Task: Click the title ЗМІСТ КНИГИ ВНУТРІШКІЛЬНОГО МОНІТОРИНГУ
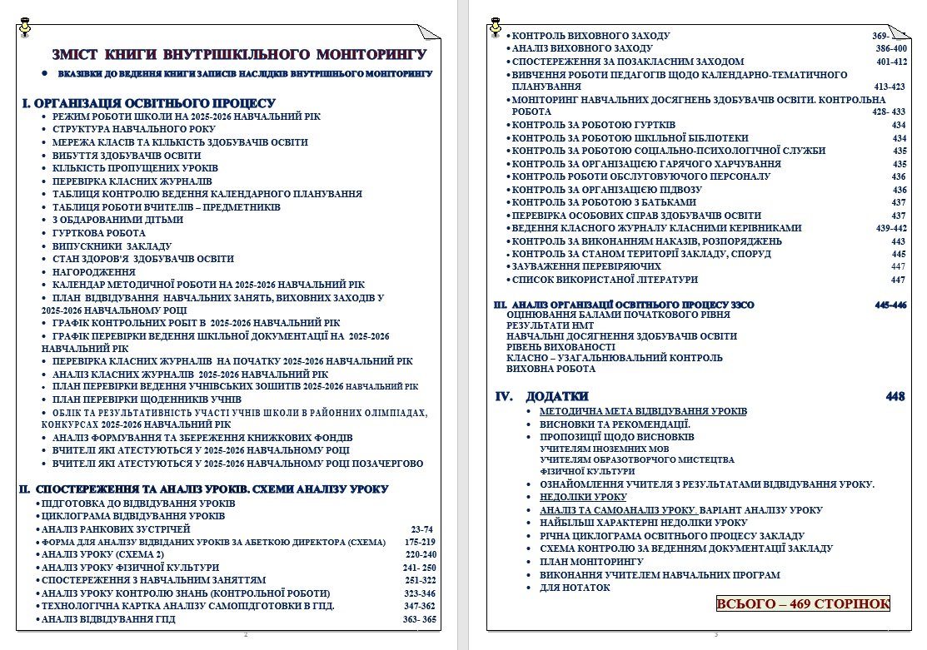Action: (x=239, y=55)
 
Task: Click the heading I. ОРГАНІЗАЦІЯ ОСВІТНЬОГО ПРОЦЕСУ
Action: (x=148, y=103)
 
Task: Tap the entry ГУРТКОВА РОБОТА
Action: (x=98, y=233)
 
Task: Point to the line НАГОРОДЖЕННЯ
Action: (x=93, y=271)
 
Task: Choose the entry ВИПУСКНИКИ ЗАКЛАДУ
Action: (x=112, y=246)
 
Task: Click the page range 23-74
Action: (x=422, y=529)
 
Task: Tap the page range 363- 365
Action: (x=419, y=619)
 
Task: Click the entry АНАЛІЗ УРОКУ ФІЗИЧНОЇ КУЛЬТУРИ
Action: (x=130, y=568)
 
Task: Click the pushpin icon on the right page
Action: (x=496, y=22)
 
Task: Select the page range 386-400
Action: (x=890, y=49)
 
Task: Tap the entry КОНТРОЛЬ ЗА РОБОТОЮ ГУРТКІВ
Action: (x=583, y=125)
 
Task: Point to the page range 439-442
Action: (x=890, y=228)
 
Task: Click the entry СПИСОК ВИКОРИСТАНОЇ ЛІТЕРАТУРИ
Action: (x=605, y=280)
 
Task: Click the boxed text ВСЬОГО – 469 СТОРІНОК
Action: (x=803, y=603)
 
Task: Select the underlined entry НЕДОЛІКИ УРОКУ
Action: (x=583, y=497)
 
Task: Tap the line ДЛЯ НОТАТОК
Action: (x=575, y=588)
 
